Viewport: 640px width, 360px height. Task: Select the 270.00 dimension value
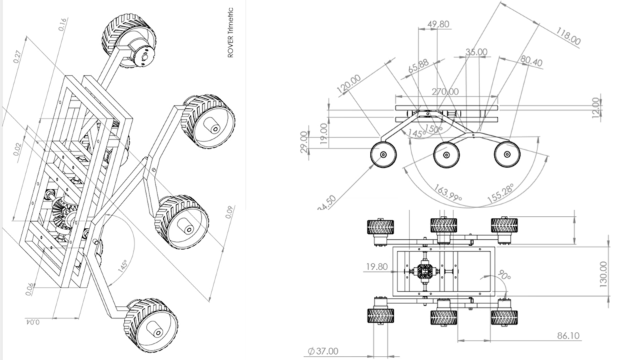tap(445, 91)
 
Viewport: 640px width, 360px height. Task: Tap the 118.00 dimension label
tap(568, 37)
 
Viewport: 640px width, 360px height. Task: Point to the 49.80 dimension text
tap(437, 24)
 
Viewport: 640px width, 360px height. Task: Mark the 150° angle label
tap(434, 128)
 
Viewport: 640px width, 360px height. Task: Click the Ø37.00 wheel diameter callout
tap(323, 351)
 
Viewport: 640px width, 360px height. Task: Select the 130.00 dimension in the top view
tap(603, 274)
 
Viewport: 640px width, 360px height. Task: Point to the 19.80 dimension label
tap(377, 267)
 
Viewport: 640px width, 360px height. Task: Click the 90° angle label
tap(503, 275)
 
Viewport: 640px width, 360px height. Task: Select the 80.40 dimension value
tap(531, 62)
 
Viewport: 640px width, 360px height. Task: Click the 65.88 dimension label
tap(418, 67)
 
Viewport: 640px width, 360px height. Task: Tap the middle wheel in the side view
tap(446, 155)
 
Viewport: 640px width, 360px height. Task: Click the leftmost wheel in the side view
tap(384, 155)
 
